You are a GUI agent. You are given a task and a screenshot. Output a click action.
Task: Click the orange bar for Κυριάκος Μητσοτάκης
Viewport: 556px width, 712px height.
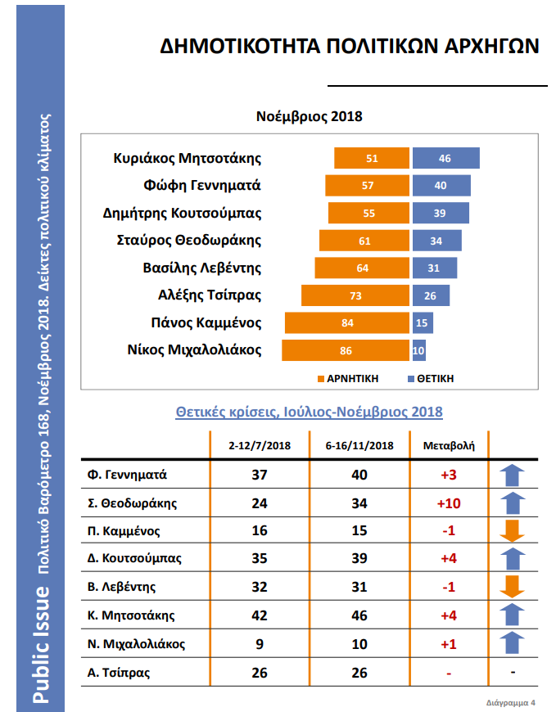pos(372,158)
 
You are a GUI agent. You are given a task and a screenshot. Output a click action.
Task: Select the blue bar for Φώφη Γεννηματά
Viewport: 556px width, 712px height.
pos(441,185)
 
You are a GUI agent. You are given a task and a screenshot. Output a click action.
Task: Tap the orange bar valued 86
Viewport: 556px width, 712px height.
pos(346,350)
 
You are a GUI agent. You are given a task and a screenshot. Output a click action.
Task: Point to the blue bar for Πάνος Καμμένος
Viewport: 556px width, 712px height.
pos(421,322)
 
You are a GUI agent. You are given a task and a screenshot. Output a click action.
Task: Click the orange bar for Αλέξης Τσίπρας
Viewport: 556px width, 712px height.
pos(355,295)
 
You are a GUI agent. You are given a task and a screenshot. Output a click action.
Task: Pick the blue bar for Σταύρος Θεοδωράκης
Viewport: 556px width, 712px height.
pos(437,241)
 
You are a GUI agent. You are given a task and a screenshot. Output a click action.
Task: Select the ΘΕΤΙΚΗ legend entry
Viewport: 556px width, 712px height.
pos(430,379)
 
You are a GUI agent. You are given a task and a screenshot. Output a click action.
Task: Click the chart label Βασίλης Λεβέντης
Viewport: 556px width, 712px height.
pos(210,268)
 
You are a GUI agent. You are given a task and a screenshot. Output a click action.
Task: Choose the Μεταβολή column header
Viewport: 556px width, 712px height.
pos(447,446)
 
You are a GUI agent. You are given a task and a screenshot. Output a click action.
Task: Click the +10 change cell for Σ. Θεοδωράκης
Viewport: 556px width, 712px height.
pos(448,503)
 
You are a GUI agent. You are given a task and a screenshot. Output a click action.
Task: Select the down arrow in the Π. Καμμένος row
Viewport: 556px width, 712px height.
pos(512,531)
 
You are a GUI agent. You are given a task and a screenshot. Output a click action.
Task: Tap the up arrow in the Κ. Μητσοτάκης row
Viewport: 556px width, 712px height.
pos(512,615)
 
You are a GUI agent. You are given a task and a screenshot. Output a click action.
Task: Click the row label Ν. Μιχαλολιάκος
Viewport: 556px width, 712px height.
pos(136,644)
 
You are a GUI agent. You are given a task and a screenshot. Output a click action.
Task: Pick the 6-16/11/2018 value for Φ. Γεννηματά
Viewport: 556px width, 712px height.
pos(359,475)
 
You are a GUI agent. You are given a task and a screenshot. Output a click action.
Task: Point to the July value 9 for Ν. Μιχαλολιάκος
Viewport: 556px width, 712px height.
pos(259,644)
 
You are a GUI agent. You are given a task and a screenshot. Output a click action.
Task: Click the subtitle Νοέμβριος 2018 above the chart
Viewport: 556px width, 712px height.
pos(309,116)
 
